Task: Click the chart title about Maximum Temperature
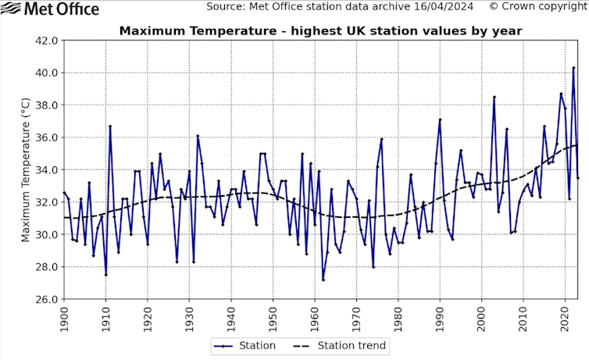(320, 31)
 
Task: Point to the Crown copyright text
(538, 7)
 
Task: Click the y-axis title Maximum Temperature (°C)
(26, 169)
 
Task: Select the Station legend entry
(245, 345)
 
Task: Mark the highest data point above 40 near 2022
(573, 67)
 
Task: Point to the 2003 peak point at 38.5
(494, 97)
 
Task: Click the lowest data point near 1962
(323, 280)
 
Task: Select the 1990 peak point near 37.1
(440, 119)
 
